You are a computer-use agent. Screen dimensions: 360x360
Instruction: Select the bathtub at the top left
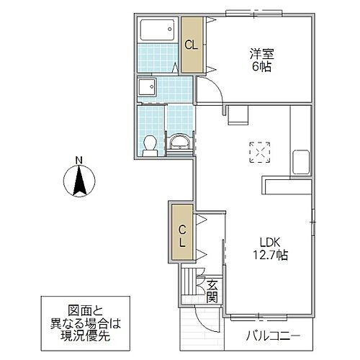click(x=156, y=31)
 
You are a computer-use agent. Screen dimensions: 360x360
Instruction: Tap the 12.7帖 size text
click(x=271, y=255)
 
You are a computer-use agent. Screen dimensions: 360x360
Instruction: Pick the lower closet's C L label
click(x=183, y=237)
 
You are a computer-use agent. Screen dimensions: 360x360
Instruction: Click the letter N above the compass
click(x=80, y=160)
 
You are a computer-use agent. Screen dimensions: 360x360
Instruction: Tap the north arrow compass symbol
click(x=80, y=181)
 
